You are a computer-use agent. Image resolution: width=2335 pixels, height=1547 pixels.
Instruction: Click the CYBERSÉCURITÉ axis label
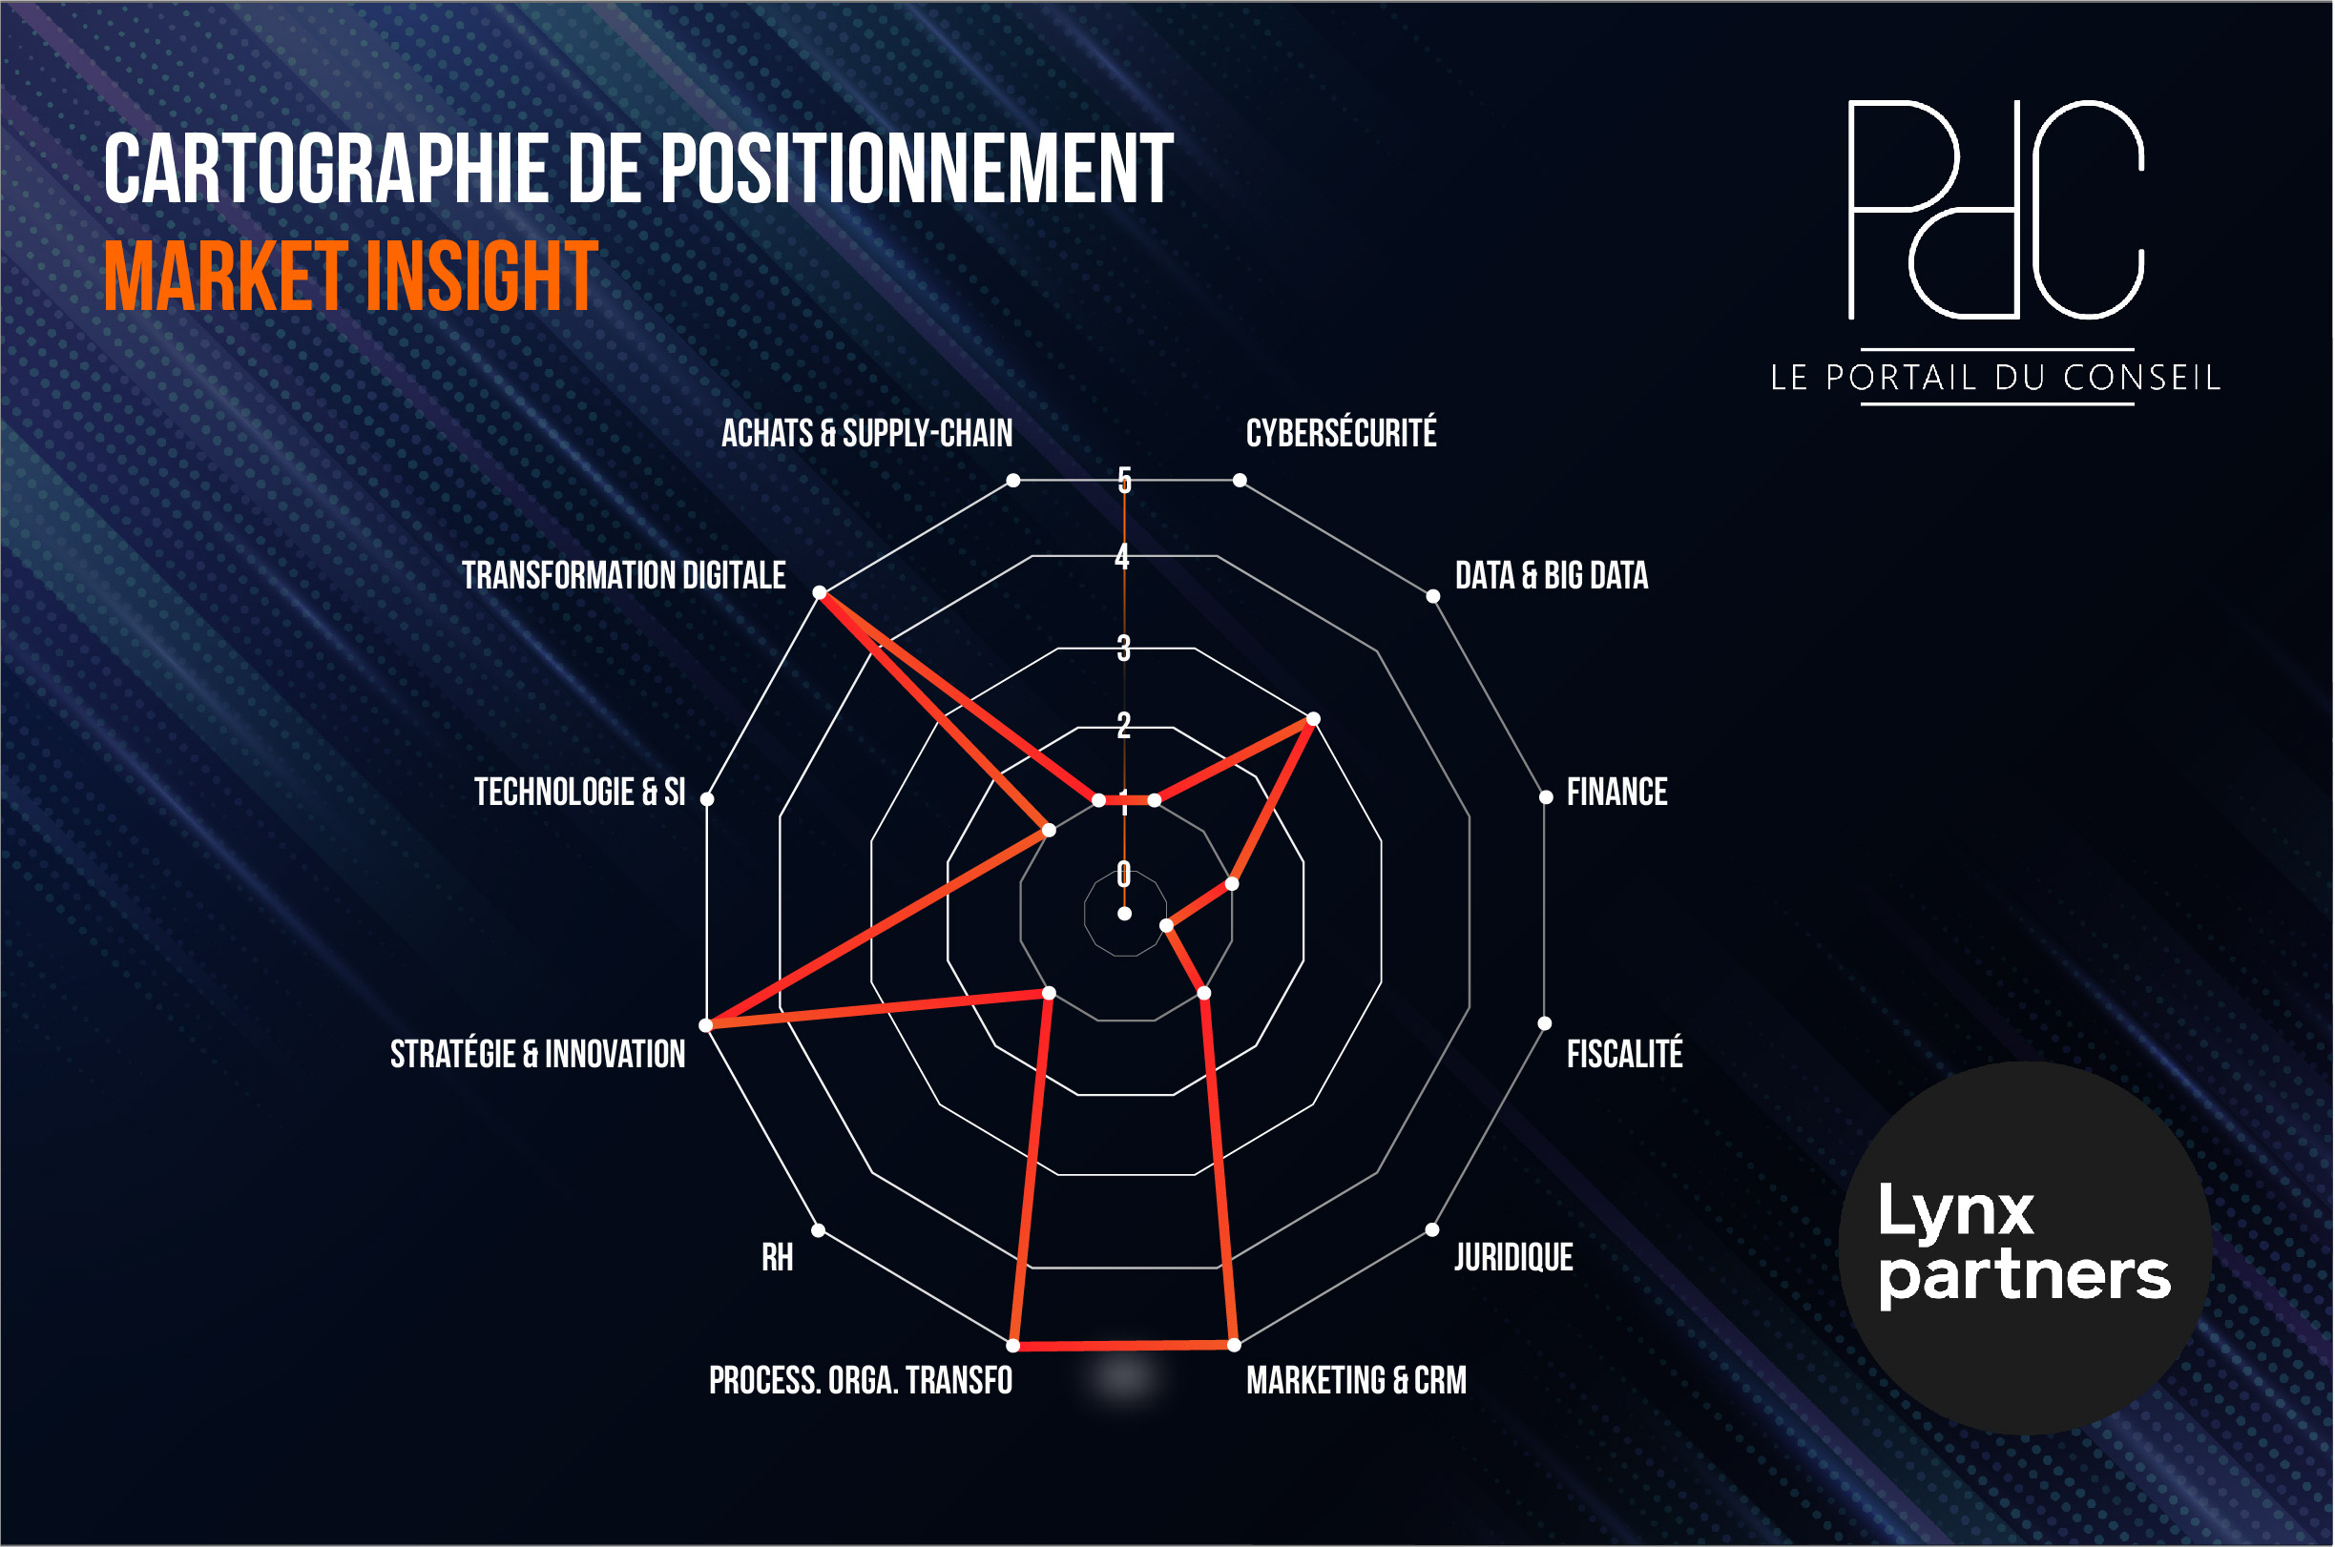pyautogui.click(x=1342, y=433)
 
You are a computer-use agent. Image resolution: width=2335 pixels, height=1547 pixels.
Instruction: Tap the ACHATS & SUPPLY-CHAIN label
pyautogui.click(x=866, y=433)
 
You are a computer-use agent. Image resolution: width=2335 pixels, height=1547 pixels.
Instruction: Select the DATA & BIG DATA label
pyautogui.click(x=1552, y=575)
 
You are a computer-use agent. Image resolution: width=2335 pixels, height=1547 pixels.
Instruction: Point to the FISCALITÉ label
pyautogui.click(x=1624, y=1054)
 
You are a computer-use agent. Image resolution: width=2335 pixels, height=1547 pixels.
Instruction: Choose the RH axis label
pyautogui.click(x=777, y=1258)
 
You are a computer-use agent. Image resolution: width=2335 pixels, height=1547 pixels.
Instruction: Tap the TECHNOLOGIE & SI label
pyautogui.click(x=579, y=793)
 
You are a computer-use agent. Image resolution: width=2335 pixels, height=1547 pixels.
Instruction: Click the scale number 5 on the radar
pyautogui.click(x=1124, y=481)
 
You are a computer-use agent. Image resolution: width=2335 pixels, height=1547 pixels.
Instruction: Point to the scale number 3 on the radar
pyautogui.click(x=1124, y=649)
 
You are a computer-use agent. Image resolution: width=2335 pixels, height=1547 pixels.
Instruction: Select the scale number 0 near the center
pyautogui.click(x=1124, y=873)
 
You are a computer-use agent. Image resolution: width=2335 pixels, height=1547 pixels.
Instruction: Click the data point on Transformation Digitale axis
pyautogui.click(x=819, y=593)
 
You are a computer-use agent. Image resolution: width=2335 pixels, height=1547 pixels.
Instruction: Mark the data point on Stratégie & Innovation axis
pyautogui.click(x=705, y=1026)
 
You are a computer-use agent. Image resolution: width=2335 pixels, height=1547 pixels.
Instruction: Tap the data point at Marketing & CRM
pyautogui.click(x=1234, y=1345)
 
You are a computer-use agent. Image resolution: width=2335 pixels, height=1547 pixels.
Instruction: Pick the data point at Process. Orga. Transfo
pyautogui.click(x=1013, y=1346)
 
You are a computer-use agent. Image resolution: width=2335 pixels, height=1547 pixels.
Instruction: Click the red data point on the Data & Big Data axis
pyautogui.click(x=1314, y=719)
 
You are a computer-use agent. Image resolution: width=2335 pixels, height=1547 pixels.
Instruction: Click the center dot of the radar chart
pyautogui.click(x=1124, y=915)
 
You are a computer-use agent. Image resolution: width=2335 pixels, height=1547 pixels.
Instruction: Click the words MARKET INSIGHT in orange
pyautogui.click(x=351, y=277)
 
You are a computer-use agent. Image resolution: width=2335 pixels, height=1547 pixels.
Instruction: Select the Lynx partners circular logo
pyautogui.click(x=2025, y=1249)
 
